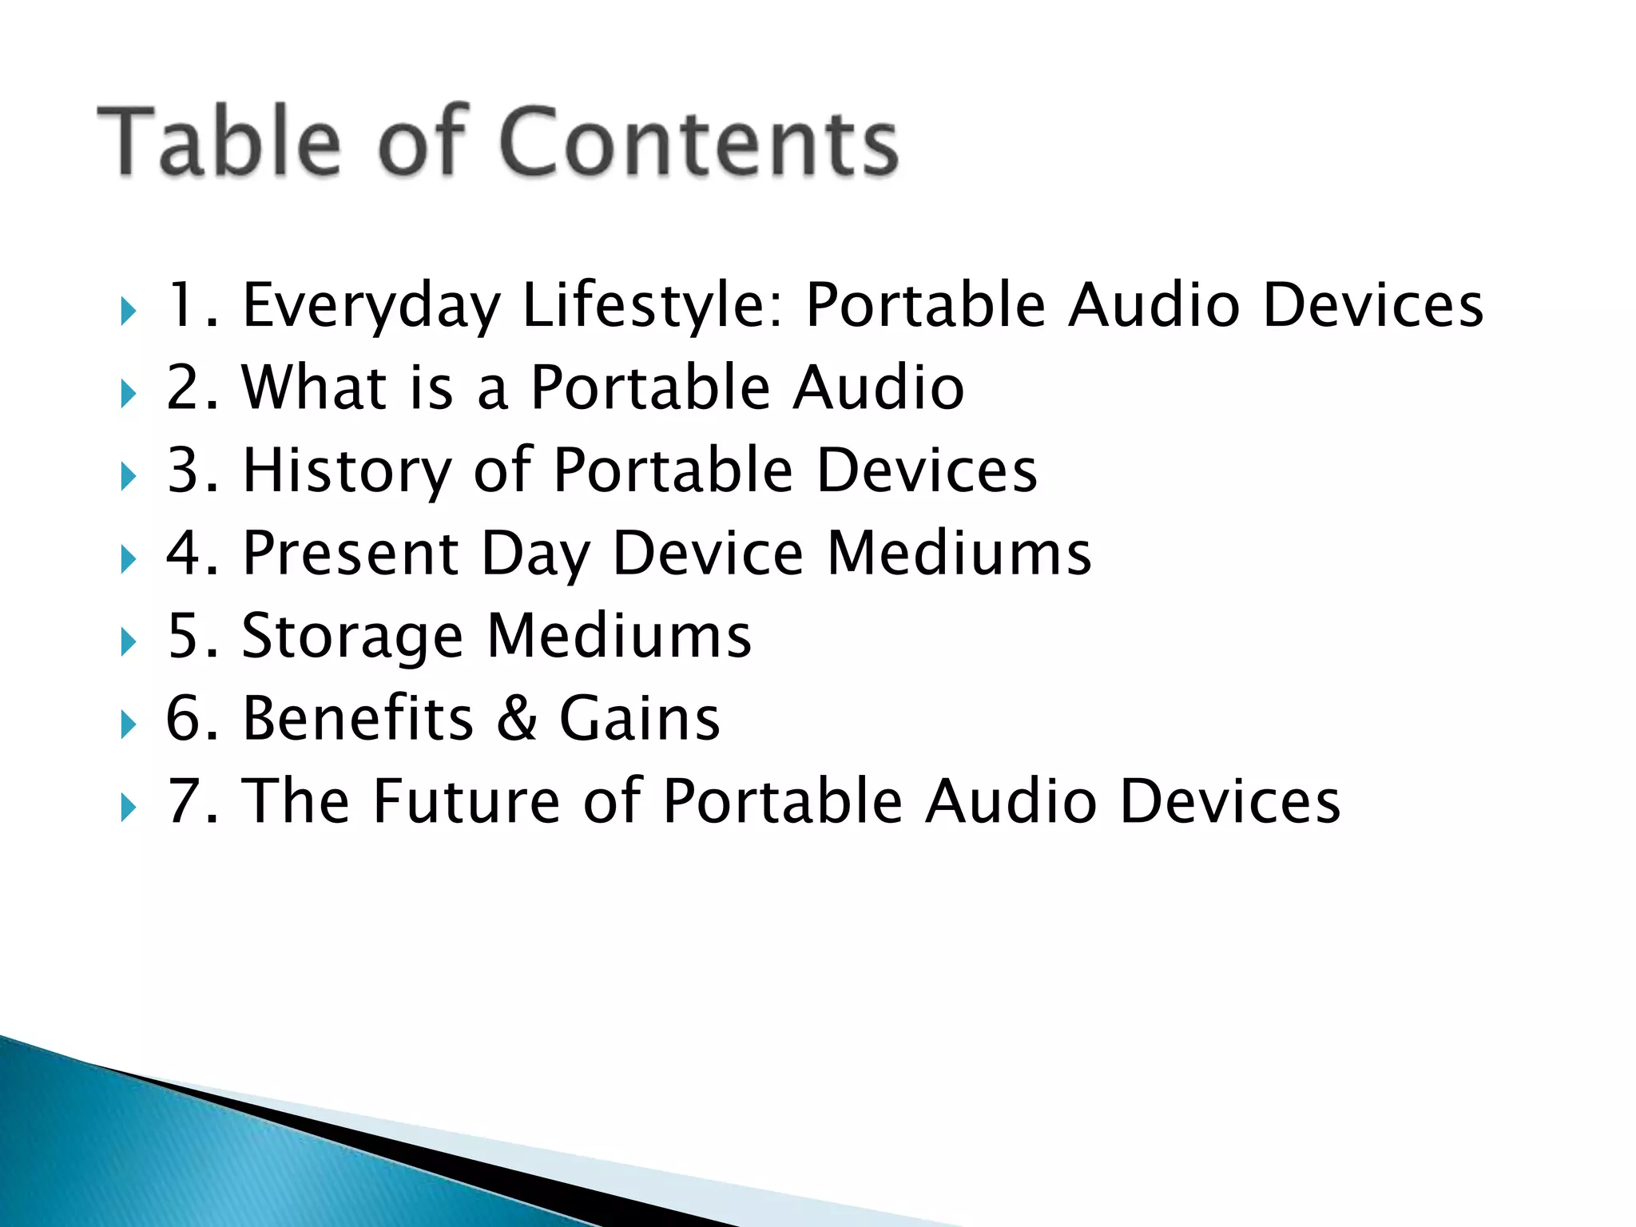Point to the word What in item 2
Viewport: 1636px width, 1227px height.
click(314, 387)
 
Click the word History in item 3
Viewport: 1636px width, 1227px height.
click(347, 471)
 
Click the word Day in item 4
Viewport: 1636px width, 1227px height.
click(535, 555)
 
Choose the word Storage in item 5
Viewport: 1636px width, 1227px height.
click(351, 637)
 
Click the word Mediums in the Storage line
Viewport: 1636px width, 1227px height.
click(619, 636)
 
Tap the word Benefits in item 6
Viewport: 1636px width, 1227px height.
click(359, 718)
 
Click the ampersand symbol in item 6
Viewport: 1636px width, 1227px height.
click(516, 718)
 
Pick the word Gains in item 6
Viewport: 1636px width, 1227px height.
click(639, 718)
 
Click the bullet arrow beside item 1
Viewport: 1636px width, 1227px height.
click(128, 312)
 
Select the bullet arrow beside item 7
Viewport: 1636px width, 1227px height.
click(128, 808)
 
